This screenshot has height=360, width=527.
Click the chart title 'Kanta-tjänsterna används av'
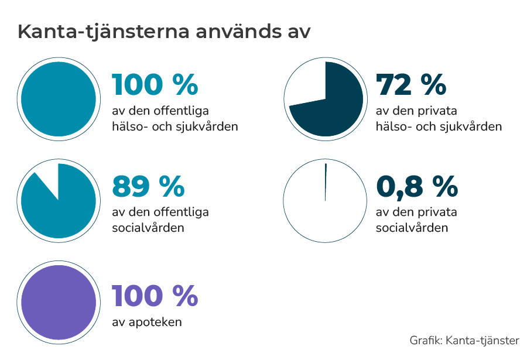[163, 32]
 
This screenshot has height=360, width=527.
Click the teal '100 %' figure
[155, 85]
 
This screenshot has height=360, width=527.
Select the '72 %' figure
[411, 85]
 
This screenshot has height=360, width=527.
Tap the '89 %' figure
[148, 187]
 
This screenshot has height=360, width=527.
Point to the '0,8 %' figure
[417, 187]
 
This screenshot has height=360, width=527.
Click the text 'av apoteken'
[146, 322]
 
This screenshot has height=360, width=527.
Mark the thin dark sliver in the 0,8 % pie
[326, 182]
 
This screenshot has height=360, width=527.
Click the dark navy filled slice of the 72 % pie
[340, 105]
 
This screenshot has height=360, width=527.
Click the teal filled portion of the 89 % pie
[64, 211]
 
